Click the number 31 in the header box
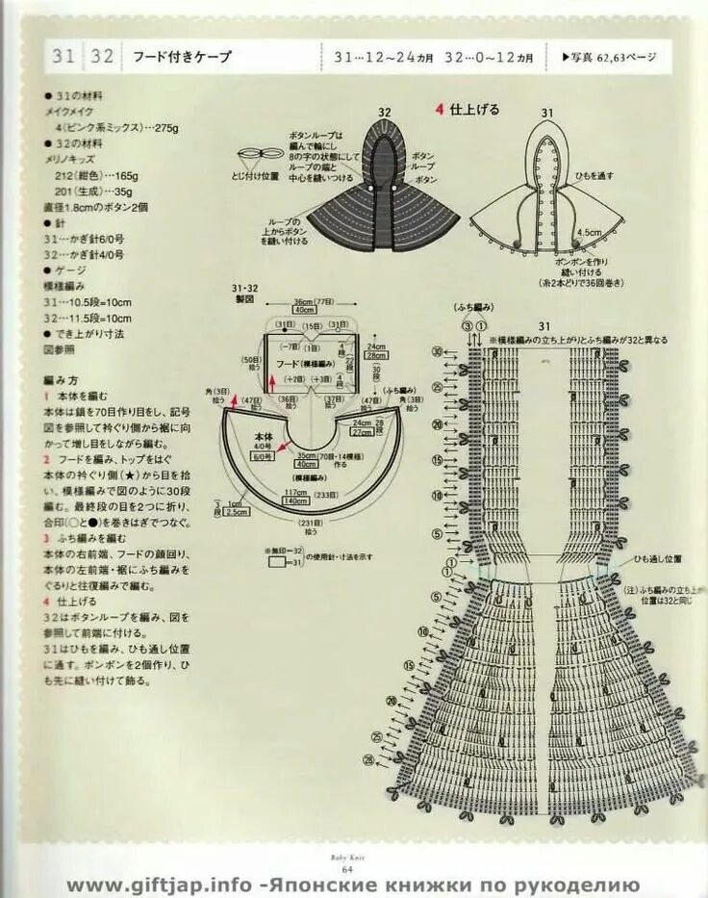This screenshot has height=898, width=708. coord(63,57)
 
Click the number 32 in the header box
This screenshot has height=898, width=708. coord(103,57)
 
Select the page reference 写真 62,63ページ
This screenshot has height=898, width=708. coord(609,57)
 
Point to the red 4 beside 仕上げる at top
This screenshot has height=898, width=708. coord(440,109)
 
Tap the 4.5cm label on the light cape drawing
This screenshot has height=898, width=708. coord(589,231)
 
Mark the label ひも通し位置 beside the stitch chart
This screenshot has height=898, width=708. coord(657,558)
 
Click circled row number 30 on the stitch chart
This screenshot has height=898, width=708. coord(438,353)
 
